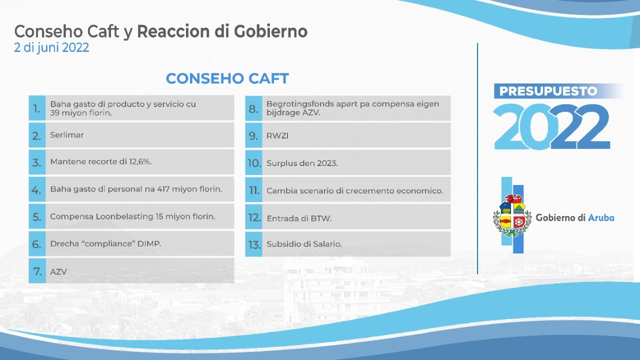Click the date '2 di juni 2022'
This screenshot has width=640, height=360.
pyautogui.click(x=51, y=47)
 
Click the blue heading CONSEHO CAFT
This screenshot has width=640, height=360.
pyautogui.click(x=227, y=78)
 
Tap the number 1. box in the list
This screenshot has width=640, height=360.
pyautogui.click(x=37, y=108)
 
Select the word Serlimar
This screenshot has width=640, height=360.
pyautogui.click(x=67, y=135)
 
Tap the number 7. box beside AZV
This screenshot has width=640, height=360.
pyautogui.click(x=37, y=271)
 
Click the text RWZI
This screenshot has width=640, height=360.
pyautogui.click(x=277, y=135)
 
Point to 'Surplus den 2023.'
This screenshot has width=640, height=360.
pyautogui.click(x=302, y=163)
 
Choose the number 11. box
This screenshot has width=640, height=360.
pyautogui.click(x=253, y=189)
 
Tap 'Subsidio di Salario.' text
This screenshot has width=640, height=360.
pyautogui.click(x=304, y=244)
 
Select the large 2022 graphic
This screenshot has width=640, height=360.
pyautogui.click(x=551, y=126)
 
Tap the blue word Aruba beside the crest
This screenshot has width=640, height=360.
pyautogui.click(x=601, y=217)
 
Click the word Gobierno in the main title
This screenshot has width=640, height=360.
pyautogui.click(x=271, y=31)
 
